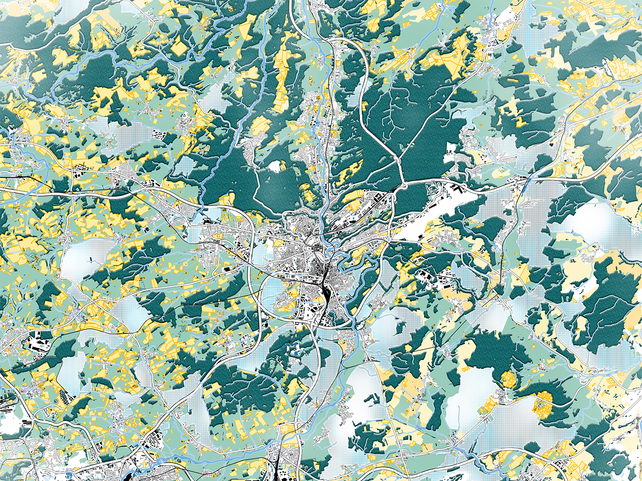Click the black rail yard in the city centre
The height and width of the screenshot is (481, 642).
326,295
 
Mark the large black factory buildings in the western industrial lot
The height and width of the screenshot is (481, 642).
36,342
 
